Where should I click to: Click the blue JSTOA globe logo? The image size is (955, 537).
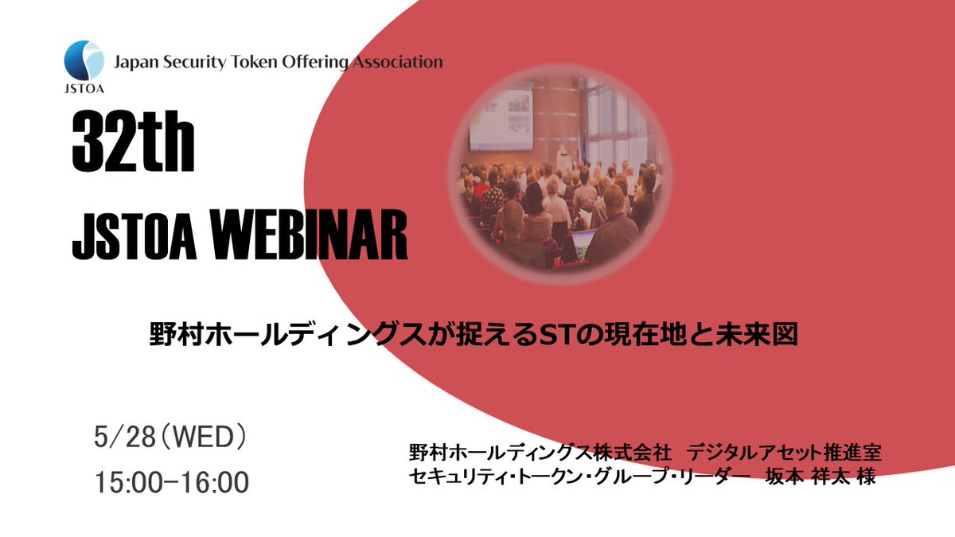(x=84, y=60)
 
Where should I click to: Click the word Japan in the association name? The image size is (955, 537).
(x=136, y=61)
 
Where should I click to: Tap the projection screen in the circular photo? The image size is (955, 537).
(x=500, y=119)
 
